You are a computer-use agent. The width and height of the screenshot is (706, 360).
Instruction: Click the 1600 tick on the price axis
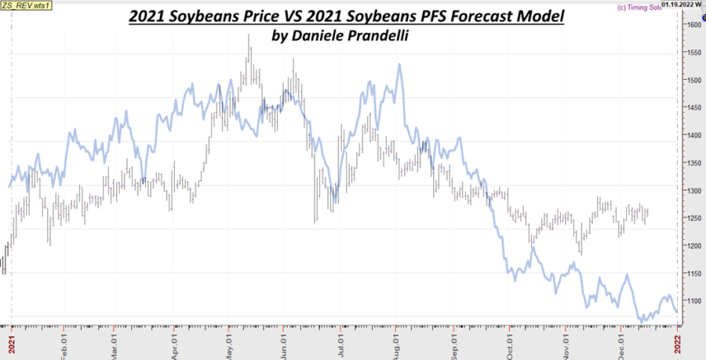(694, 24)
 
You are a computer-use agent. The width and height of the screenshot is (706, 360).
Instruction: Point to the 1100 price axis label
(694, 301)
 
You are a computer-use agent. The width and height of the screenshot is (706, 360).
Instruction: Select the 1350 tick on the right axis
(694, 163)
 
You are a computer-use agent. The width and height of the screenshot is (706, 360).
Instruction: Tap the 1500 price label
(694, 80)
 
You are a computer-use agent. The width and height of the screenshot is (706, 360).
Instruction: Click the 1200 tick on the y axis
(694, 246)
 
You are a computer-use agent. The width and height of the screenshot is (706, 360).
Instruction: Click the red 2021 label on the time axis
(11, 344)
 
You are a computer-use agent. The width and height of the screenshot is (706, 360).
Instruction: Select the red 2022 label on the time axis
(679, 344)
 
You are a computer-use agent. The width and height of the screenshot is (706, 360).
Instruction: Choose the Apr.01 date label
(175, 343)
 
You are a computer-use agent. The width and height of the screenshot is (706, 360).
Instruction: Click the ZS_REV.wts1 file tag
(22, 5)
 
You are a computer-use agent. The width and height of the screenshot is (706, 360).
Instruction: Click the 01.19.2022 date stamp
(681, 3)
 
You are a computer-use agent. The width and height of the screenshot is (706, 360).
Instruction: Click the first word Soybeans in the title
(201, 16)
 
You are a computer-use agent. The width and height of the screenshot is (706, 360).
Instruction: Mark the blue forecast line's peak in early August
(399, 64)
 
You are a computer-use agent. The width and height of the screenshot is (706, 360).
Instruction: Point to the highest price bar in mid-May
(249, 47)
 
